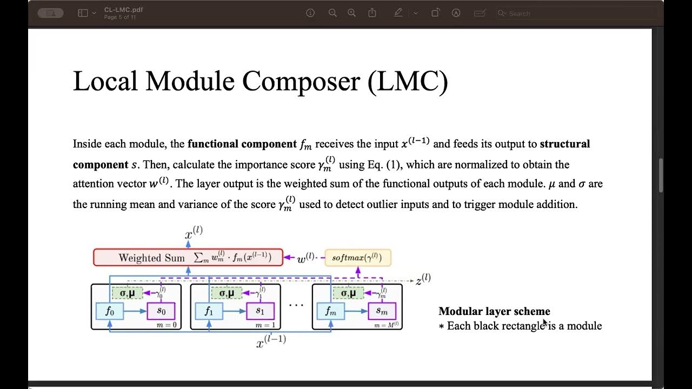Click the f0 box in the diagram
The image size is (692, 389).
click(109, 311)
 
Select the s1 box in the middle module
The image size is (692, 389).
click(260, 311)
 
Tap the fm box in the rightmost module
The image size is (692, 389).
click(330, 311)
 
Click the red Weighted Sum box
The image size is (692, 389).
click(188, 257)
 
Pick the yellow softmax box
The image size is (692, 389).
click(357, 257)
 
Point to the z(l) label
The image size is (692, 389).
click(423, 280)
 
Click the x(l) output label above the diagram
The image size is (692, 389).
click(194, 233)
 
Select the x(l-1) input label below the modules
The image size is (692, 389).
click(271, 341)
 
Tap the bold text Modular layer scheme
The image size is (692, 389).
click(494, 311)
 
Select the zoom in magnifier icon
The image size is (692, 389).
click(351, 13)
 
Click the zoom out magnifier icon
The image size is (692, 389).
click(332, 13)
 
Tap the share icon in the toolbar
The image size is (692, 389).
click(372, 13)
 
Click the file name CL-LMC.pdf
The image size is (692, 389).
click(123, 10)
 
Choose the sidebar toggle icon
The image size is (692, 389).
click(83, 13)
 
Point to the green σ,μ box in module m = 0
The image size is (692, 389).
click(127, 293)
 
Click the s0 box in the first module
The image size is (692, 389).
click(161, 311)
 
